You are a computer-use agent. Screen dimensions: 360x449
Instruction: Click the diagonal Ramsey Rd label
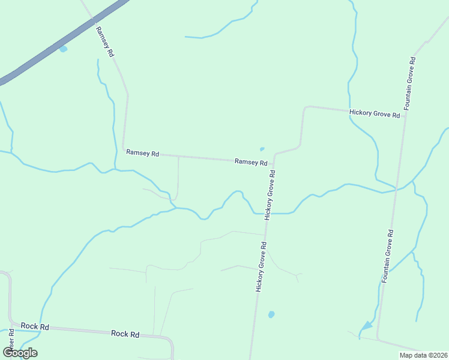click(x=104, y=41)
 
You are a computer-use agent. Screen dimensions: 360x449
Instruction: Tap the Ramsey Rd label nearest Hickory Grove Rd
click(x=251, y=162)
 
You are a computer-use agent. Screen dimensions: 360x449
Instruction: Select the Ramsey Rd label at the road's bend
click(x=142, y=154)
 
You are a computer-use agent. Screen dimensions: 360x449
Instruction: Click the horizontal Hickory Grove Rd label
click(x=375, y=114)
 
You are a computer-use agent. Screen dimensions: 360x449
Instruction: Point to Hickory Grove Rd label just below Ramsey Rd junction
click(x=271, y=194)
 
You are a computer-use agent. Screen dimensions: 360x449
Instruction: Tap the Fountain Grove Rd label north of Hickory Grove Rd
click(x=410, y=83)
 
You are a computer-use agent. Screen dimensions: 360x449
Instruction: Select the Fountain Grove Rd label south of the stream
click(x=388, y=256)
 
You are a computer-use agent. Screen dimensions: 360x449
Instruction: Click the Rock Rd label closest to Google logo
click(x=35, y=326)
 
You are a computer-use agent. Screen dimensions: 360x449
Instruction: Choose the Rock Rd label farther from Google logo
click(x=125, y=334)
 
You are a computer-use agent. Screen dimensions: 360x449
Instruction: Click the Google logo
click(x=20, y=353)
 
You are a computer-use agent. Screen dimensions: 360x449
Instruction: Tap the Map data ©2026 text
click(x=423, y=355)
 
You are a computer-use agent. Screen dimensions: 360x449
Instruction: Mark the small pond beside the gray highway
click(x=63, y=49)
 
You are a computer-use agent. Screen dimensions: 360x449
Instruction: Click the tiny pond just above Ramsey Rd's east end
click(x=262, y=149)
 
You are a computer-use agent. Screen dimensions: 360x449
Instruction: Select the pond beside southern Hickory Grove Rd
click(x=271, y=314)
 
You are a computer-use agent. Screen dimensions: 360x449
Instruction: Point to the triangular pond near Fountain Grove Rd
click(x=366, y=326)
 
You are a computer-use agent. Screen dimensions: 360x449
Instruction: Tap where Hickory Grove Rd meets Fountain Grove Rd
click(x=406, y=112)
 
